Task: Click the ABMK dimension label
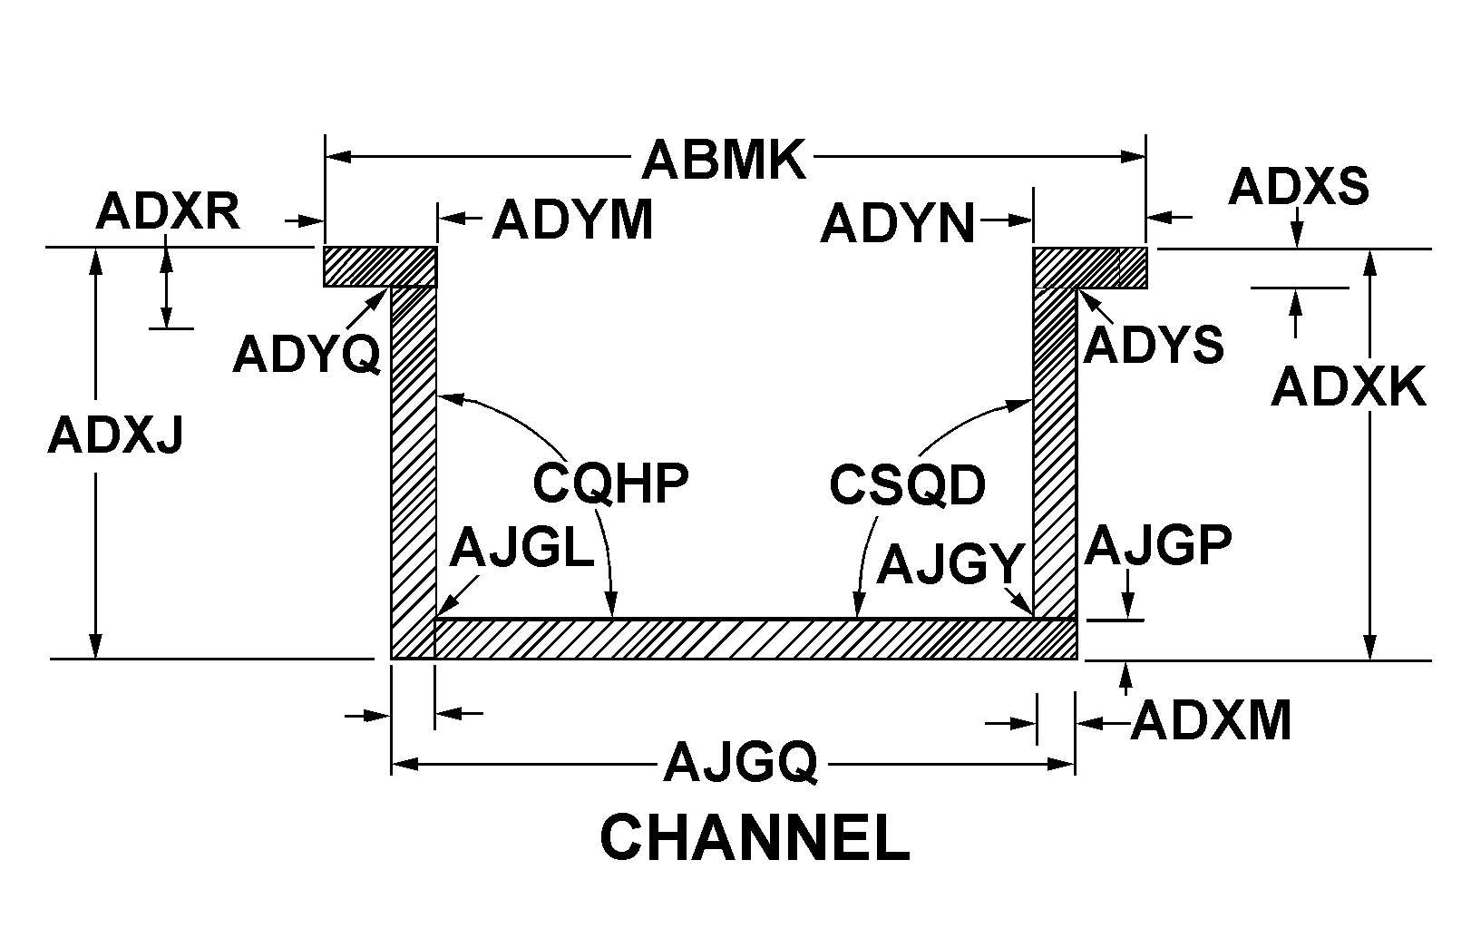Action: coord(724,160)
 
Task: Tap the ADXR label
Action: coord(168,211)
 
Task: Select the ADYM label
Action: coord(572,220)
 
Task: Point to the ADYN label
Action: coord(898,224)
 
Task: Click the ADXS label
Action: coord(1299,186)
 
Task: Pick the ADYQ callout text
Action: coord(307,354)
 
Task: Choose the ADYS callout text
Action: coord(1154,344)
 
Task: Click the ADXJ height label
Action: coord(115,435)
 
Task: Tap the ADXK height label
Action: coord(1348,386)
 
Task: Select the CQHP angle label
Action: coord(610,484)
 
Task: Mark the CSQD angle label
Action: coord(907,485)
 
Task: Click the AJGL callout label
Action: coord(521,548)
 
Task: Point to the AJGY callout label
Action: coord(950,563)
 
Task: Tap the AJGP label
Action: coord(1158,545)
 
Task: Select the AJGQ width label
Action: coord(741,763)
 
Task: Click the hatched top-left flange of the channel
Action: coord(380,267)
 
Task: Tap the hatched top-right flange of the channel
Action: coord(1090,268)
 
